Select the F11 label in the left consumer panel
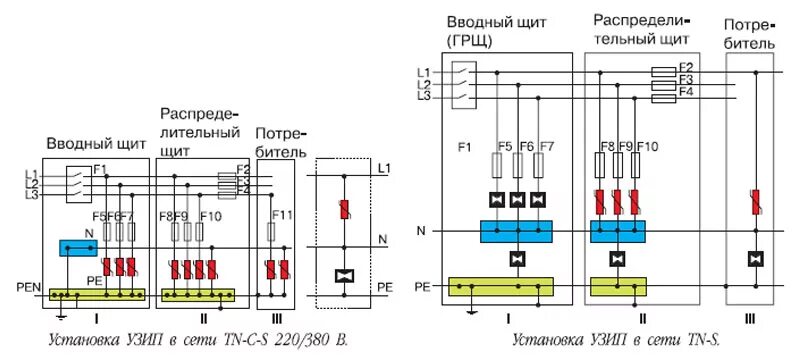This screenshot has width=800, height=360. pos(281,216)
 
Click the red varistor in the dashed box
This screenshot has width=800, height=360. pos(345,210)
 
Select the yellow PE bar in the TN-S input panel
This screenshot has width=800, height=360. pos(501,288)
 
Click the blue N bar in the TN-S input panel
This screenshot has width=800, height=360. pos(515,232)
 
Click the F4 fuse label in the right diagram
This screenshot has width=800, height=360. pos(686,92)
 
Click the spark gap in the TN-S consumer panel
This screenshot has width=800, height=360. pos(756,259)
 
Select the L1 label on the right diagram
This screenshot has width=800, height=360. pos(424,71)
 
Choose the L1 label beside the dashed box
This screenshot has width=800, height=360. pos(385,171)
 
